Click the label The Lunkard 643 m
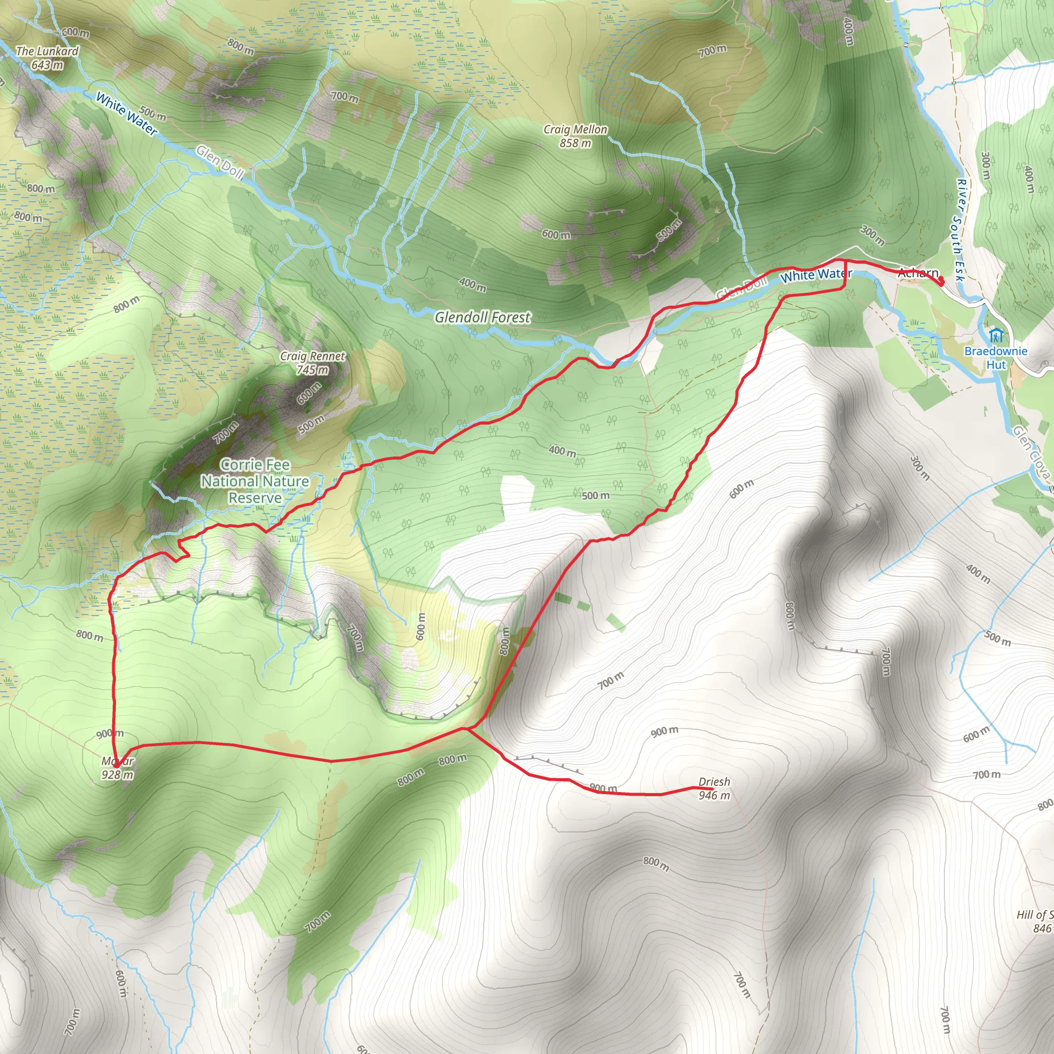tap(47, 58)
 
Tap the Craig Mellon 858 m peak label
tap(575, 136)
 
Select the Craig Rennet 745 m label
tap(312, 363)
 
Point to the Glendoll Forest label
tap(482, 317)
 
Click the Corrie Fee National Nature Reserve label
tap(255, 481)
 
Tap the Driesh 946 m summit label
tap(714, 788)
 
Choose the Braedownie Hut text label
tap(996, 358)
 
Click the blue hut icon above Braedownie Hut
tap(996, 335)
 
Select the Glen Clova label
tap(1031, 453)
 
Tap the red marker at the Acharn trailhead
tap(941, 282)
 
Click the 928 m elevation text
tap(117, 775)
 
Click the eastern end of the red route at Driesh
tap(712, 788)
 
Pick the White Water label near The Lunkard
tap(127, 113)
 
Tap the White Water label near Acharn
tap(816, 275)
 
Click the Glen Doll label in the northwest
tap(220, 162)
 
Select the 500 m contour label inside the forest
tap(596, 496)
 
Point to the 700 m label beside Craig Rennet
tap(225, 432)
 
